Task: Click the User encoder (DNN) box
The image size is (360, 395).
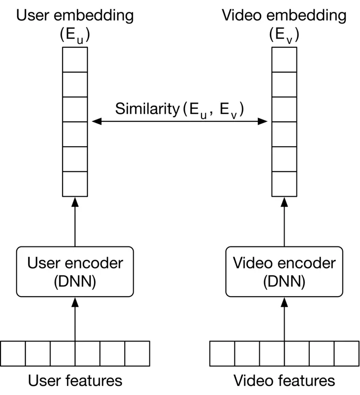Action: coord(75,271)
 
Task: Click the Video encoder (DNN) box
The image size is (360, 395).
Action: coord(284,271)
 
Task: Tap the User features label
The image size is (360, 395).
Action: coord(75,380)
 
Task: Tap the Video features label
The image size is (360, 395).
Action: coord(284,380)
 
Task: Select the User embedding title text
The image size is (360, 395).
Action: coord(75,15)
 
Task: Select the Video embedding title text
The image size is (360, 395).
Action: coord(284,15)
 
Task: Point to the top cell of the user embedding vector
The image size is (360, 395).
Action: coord(75,59)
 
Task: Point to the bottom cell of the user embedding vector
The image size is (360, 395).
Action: coord(75,184)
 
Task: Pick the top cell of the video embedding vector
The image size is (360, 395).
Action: coord(284,59)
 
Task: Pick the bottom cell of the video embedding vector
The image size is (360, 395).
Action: coord(284,184)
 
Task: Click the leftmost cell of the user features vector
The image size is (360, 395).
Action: coord(13,353)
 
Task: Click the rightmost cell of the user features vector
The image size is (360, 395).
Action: coord(137,353)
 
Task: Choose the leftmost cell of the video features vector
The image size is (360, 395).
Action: coord(222,353)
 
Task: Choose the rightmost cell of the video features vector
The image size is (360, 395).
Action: coord(346,353)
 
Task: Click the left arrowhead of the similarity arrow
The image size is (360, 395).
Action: coord(96,121)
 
